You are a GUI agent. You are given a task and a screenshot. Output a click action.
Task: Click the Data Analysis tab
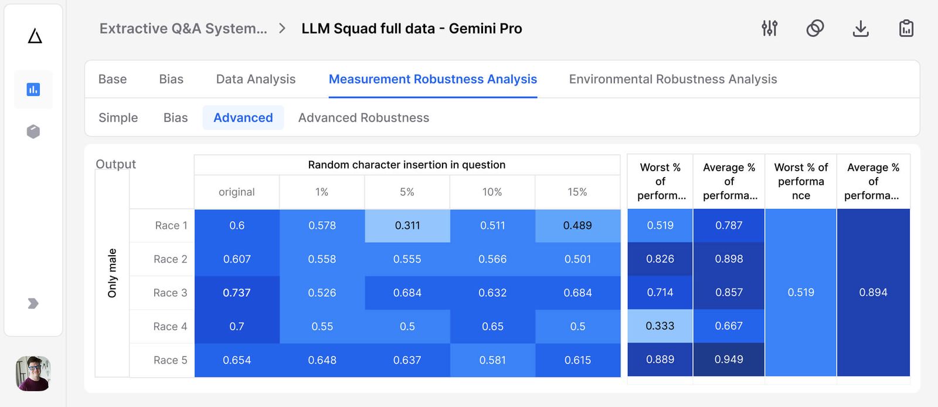[256, 79]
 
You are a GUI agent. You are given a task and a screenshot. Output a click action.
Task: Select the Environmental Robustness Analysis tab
[672, 79]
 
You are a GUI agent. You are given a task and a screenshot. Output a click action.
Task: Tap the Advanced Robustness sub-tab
[363, 118]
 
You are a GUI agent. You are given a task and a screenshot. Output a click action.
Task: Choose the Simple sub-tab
[118, 118]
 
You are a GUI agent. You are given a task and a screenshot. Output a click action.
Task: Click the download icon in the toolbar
[860, 28]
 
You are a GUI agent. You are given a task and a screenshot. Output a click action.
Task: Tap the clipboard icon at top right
[906, 28]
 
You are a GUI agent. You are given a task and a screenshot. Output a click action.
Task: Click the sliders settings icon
[769, 28]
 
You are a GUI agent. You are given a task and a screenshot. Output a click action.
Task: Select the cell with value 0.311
[407, 226]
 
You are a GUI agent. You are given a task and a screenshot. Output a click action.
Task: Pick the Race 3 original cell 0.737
[237, 293]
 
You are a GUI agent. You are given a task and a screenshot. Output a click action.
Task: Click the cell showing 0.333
[660, 326]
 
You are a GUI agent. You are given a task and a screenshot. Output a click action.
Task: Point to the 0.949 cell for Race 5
[729, 359]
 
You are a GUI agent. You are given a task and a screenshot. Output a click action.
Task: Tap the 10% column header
[492, 192]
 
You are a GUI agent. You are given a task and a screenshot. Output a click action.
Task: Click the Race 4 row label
[170, 327]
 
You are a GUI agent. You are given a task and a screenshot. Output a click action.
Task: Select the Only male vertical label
[112, 273]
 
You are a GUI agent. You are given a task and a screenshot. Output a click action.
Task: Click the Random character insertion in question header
[406, 165]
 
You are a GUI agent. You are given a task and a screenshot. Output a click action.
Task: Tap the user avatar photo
[33, 373]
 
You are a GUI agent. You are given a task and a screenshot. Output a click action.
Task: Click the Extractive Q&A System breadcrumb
[183, 29]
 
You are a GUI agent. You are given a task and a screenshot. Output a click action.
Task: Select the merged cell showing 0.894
[873, 292]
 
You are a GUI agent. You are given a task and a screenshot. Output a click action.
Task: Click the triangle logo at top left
[35, 36]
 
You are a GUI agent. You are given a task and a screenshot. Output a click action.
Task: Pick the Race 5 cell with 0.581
[492, 360]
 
